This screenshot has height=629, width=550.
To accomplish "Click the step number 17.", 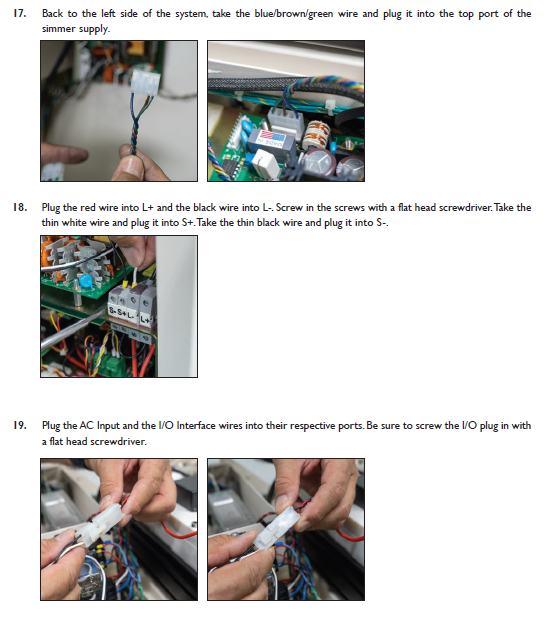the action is [20, 13].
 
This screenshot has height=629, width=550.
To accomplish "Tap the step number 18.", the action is [20, 207].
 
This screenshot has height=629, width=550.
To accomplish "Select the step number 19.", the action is [20, 425].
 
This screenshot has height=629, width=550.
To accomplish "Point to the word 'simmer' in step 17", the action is [57, 29].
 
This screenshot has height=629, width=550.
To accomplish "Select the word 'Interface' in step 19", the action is [196, 425].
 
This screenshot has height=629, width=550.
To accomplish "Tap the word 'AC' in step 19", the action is [86, 425].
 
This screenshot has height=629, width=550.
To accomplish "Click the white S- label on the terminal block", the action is [112, 310].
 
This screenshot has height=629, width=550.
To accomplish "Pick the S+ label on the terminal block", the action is [122, 312].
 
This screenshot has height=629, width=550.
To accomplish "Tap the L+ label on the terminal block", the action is [146, 320].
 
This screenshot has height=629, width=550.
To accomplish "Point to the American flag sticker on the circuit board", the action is [273, 137].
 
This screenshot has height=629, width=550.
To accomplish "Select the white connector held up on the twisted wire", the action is [145, 82].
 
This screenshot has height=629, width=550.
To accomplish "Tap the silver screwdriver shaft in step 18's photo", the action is [70, 331].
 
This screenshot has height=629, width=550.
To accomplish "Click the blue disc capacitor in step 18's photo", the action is [85, 281].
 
